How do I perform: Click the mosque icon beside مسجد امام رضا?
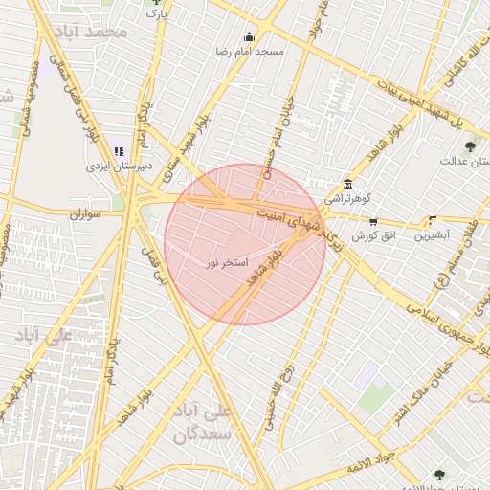(250, 36)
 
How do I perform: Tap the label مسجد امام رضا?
(250, 52)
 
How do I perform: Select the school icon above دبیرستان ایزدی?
(119, 151)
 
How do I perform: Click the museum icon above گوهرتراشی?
(346, 184)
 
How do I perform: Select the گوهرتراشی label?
(346, 200)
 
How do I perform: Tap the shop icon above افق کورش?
(373, 220)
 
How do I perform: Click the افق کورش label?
(373, 235)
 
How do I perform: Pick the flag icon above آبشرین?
(433, 220)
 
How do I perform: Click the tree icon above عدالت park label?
(470, 146)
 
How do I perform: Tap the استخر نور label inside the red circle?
(228, 261)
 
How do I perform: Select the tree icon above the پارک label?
(158, 2)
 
